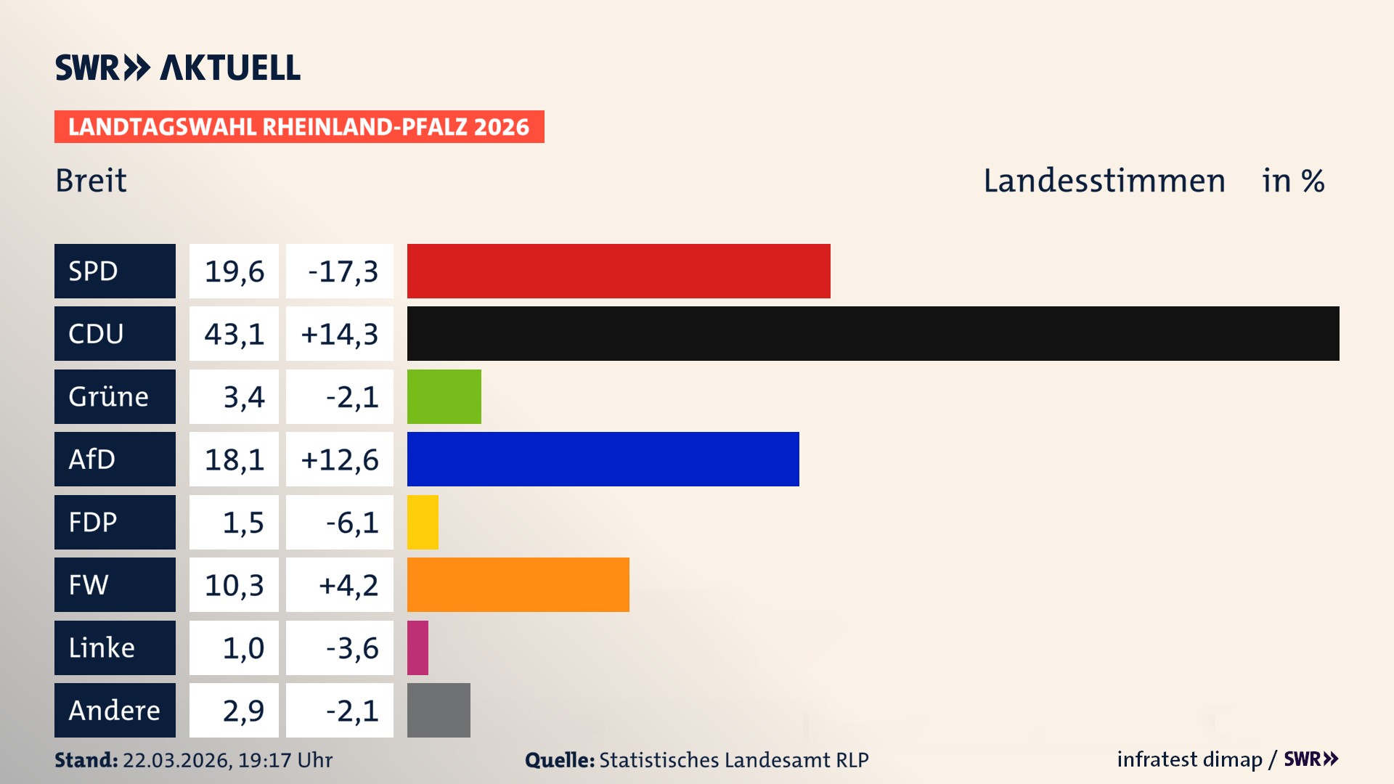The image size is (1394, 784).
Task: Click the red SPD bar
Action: tap(619, 271)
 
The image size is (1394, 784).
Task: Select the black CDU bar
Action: tap(873, 333)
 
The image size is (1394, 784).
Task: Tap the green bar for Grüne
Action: tap(444, 396)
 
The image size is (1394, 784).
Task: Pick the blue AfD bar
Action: tap(603, 459)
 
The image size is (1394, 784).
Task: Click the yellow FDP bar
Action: tap(423, 522)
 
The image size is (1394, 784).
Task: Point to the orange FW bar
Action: tap(518, 584)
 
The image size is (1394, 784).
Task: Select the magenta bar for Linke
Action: tap(417, 648)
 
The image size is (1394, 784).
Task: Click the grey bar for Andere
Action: tap(439, 710)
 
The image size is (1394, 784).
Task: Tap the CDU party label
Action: tap(115, 333)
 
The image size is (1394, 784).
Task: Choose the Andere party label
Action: tap(115, 710)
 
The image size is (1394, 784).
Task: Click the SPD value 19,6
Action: tap(234, 271)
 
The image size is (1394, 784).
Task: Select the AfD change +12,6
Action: tap(339, 459)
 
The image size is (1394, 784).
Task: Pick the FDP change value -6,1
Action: tap(351, 522)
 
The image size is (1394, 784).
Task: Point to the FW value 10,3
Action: tap(234, 584)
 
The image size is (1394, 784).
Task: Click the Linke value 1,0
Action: tap(242, 648)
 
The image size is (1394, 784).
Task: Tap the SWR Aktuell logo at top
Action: tap(177, 68)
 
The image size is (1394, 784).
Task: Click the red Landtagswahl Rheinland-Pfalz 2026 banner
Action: tap(298, 126)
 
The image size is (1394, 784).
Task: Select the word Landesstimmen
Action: tap(1104, 180)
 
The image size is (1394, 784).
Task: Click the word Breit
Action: tap(91, 180)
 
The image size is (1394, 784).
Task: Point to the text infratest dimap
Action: tap(1189, 759)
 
